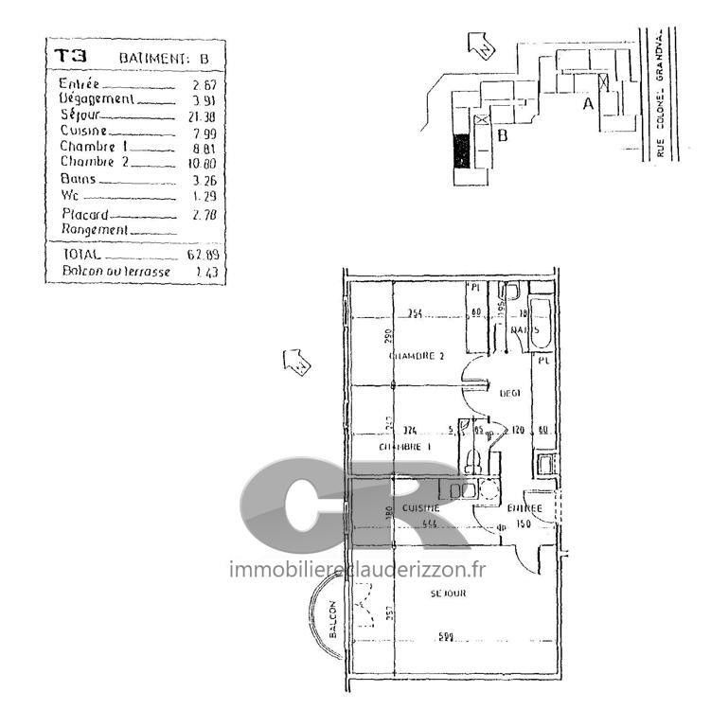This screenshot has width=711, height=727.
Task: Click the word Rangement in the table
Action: (x=94, y=230)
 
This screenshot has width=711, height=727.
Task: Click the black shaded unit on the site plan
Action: (x=461, y=151)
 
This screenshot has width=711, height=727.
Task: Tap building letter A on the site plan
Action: (x=588, y=104)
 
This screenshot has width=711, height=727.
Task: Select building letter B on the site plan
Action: (x=503, y=135)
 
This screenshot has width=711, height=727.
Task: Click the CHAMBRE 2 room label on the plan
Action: (x=417, y=356)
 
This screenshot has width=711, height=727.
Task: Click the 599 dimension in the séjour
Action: (x=445, y=637)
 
